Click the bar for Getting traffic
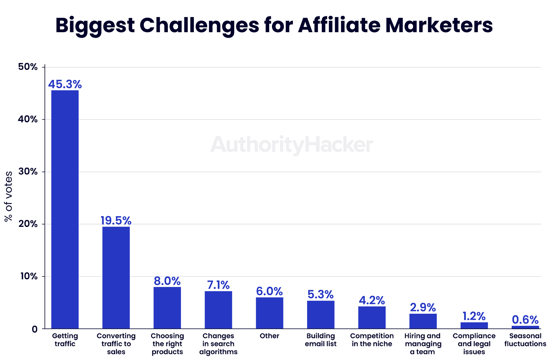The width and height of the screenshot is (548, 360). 65,209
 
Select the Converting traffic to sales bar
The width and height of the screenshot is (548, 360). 116,278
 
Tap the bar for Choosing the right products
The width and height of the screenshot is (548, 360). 167,308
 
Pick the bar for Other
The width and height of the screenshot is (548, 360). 270,313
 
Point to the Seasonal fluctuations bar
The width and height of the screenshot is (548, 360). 525,327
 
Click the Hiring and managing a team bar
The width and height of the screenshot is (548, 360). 423,321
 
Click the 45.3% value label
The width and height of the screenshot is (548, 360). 65,84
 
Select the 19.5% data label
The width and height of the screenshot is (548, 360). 116,221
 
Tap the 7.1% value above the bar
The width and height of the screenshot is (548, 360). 218,285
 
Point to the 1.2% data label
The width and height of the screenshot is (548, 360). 474,316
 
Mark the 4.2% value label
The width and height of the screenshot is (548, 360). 372,300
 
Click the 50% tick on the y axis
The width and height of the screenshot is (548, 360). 28,67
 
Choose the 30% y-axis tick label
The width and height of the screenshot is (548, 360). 28,172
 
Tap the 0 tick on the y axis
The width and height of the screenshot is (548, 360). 35,329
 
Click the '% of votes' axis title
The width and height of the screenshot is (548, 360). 8,196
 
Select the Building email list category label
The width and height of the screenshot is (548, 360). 321,340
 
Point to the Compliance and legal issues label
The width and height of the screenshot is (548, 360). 474,344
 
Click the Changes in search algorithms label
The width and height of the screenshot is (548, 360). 218,344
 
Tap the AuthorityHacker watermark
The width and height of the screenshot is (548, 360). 291,145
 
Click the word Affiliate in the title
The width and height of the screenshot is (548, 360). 339,25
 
